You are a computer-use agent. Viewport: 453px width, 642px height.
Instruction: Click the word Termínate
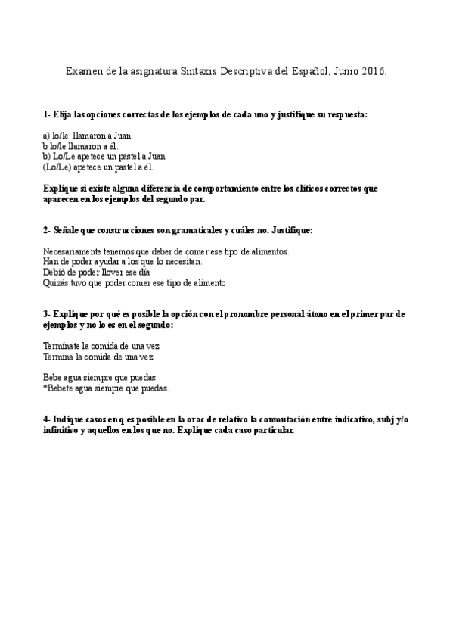(x=64, y=345)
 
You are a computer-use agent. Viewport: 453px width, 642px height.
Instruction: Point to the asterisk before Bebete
(x=45, y=388)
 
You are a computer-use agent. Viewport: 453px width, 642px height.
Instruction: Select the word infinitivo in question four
(x=62, y=431)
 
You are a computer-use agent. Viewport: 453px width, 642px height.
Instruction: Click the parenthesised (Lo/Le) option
(x=57, y=167)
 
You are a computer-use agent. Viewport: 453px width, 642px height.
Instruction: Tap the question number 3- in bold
(x=47, y=313)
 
